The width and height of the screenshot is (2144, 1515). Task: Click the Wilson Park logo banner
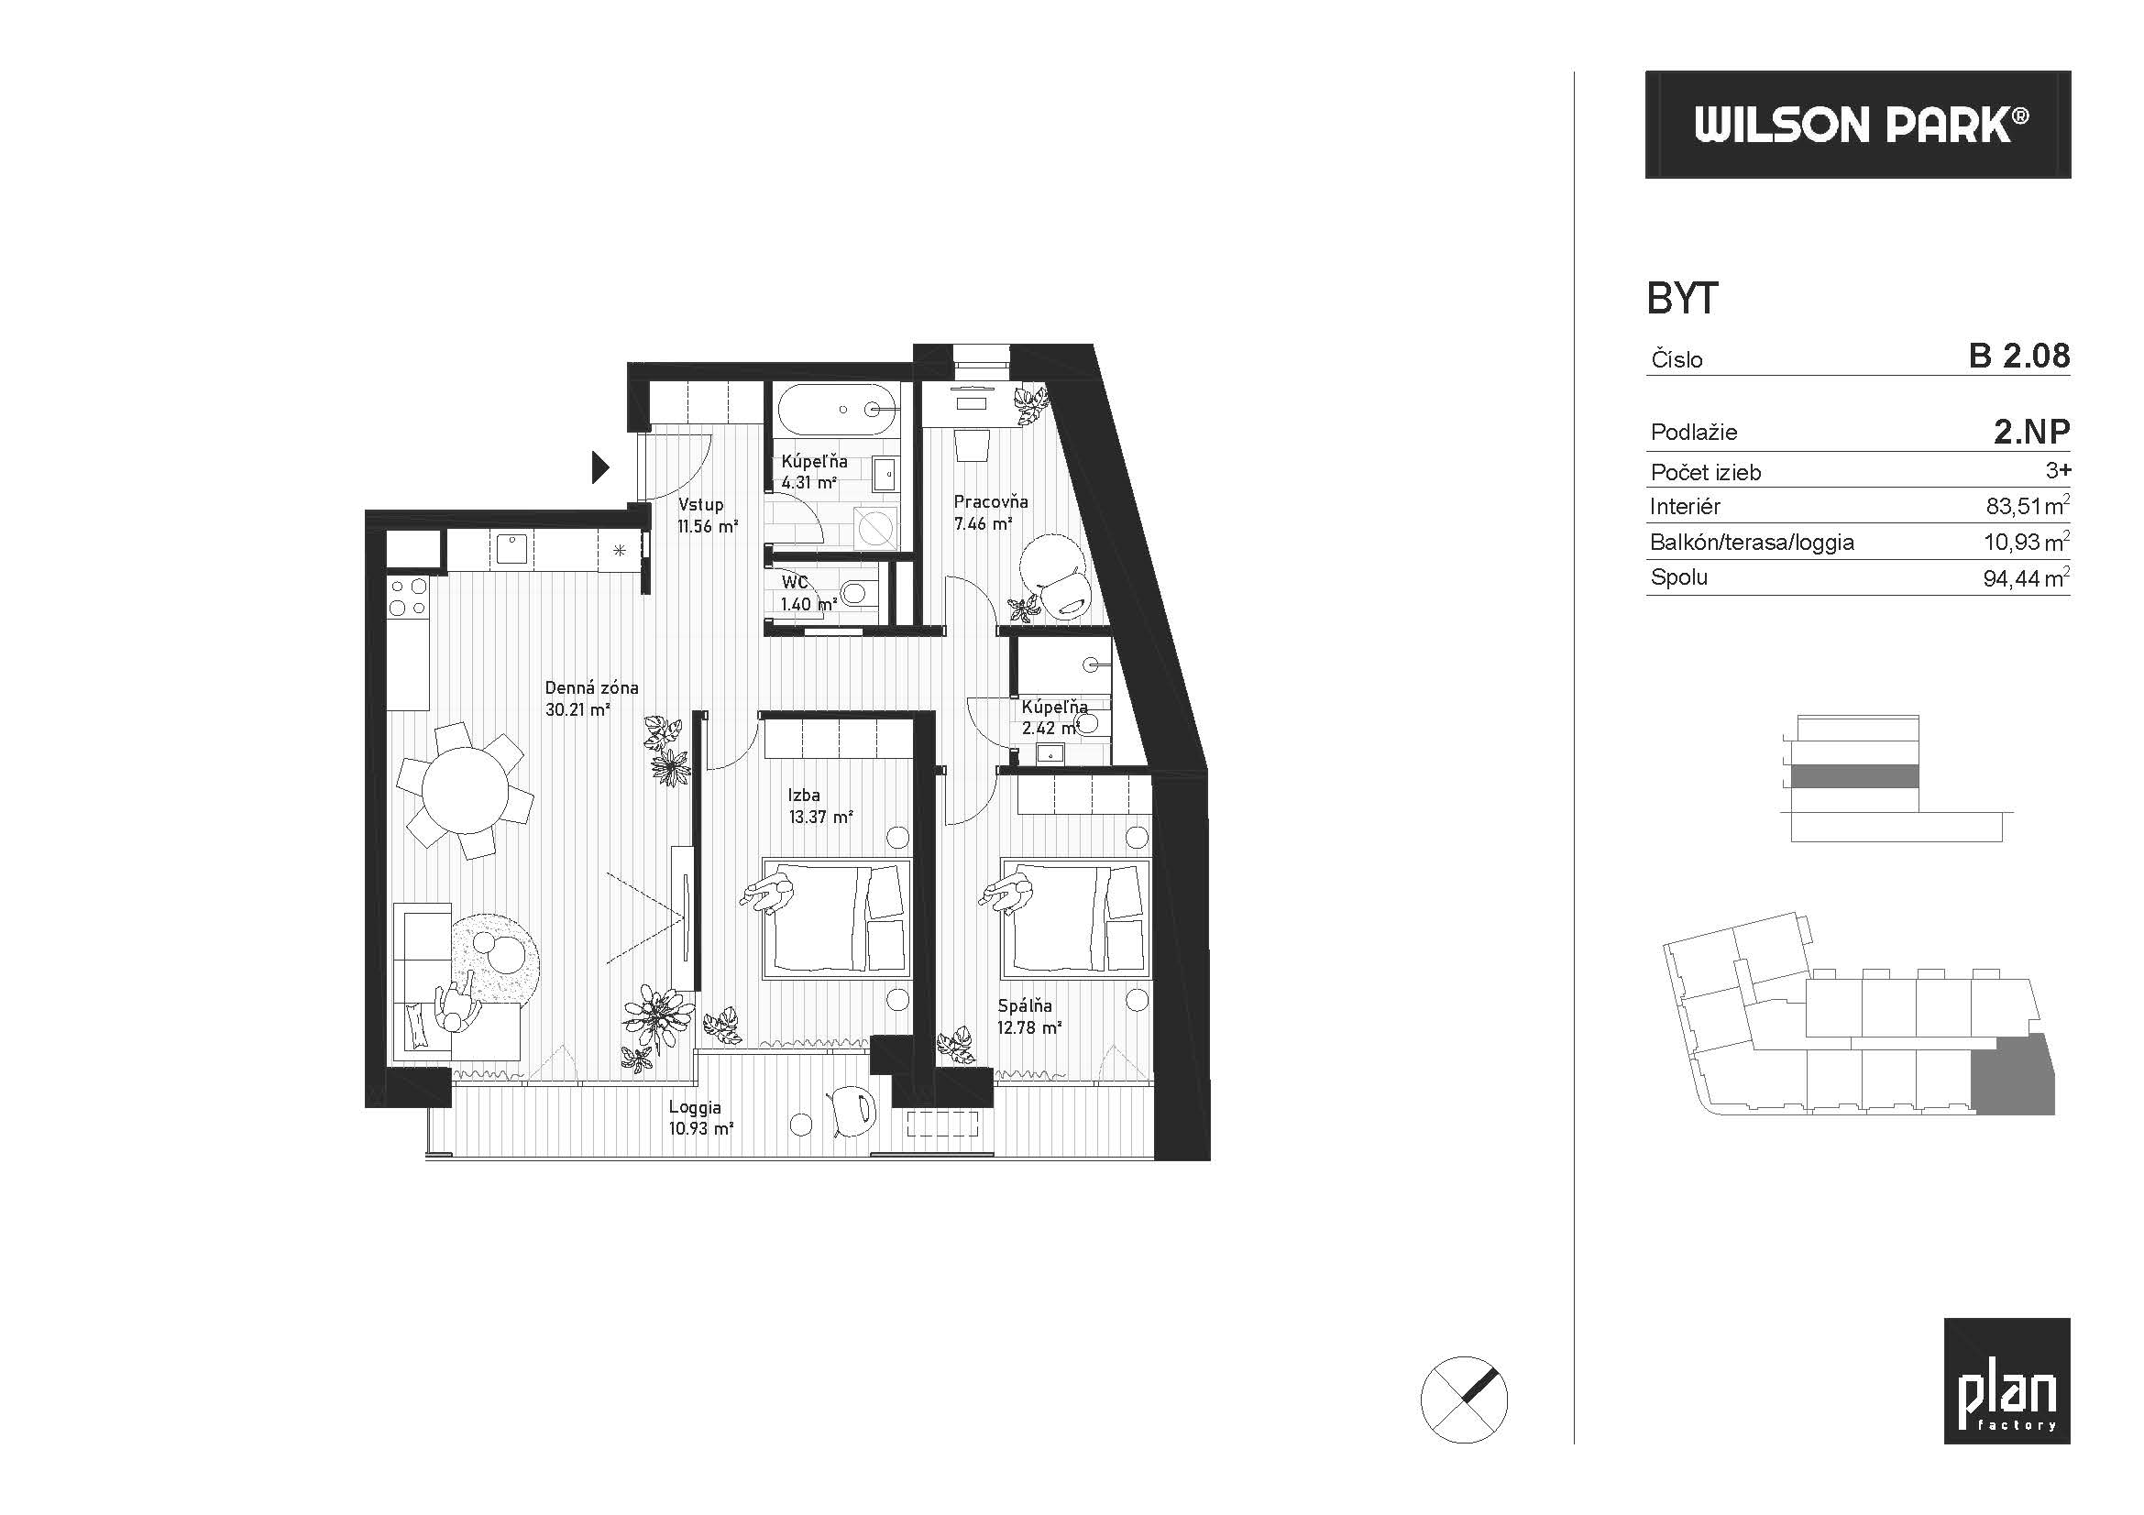coord(1857,124)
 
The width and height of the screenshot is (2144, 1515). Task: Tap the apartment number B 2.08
coord(2018,356)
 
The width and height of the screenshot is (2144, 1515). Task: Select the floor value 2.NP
coord(2032,432)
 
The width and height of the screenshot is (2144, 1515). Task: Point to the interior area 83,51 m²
coord(2028,506)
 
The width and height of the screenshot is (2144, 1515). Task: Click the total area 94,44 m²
coord(2027,577)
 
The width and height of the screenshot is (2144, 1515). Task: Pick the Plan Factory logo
coord(2007,1380)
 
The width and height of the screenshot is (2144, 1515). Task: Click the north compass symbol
coord(1463,1400)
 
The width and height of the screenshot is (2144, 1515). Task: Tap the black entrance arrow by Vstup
coord(600,467)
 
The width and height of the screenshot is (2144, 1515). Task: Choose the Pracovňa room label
coord(991,501)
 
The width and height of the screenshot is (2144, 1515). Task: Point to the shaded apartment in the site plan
coord(2012,1076)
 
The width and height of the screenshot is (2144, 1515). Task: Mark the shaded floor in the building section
coord(1854,776)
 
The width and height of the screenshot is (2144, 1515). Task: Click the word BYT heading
coord(1682,299)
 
